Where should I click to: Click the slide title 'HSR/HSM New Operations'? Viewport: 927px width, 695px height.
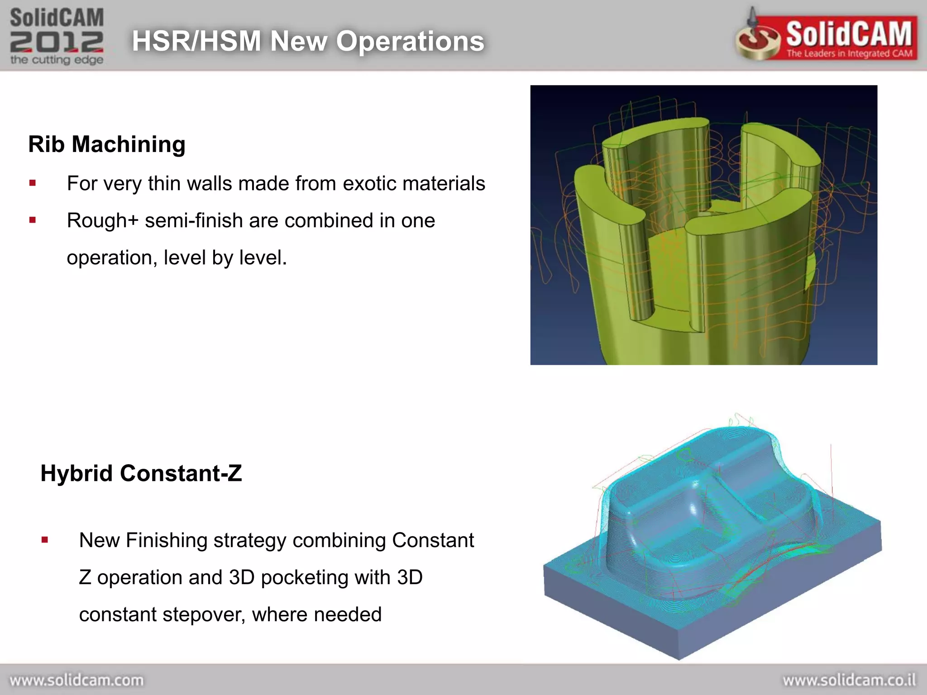(x=308, y=41)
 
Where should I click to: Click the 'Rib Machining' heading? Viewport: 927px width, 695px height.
(x=107, y=144)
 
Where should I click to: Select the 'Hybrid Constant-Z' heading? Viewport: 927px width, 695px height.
(x=141, y=473)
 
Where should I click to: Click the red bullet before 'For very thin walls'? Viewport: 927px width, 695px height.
(x=32, y=183)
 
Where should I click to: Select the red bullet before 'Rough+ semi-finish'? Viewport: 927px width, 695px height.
(x=32, y=220)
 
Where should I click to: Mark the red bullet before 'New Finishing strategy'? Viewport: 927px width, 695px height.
(x=44, y=539)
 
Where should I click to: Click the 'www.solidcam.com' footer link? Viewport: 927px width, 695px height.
(x=76, y=680)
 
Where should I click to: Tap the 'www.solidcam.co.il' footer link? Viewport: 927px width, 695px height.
(x=849, y=680)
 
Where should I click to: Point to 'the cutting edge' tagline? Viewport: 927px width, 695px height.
(x=57, y=60)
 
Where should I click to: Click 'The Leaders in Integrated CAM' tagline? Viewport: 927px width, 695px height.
(x=849, y=53)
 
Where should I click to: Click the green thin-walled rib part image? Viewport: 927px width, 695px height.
(x=703, y=225)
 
